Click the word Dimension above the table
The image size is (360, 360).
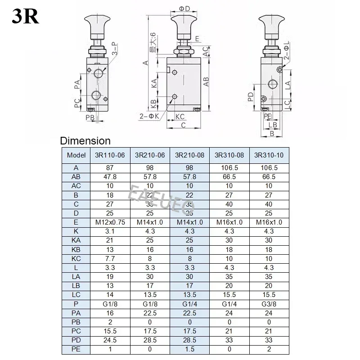85,141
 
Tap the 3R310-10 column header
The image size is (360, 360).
269,155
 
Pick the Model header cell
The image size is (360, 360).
76,155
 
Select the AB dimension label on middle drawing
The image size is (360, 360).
207,81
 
